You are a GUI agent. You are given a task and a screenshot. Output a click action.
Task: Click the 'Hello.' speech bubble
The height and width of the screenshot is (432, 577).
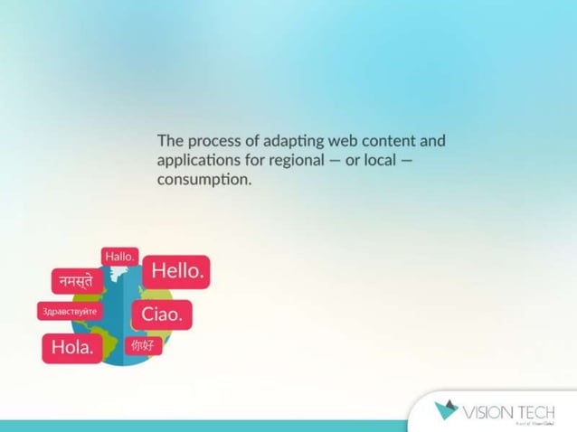(x=177, y=270)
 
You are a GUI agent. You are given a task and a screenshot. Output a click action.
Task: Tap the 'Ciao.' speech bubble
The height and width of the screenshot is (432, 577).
(x=162, y=315)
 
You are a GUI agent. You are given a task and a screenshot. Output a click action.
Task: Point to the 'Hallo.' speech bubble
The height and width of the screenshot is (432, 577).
(x=119, y=257)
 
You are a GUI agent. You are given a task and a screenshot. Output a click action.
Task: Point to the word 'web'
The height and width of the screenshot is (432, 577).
(x=345, y=141)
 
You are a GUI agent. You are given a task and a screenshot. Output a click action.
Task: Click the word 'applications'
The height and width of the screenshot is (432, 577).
(x=199, y=161)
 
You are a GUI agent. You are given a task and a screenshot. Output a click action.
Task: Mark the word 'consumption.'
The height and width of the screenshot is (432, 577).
(x=203, y=180)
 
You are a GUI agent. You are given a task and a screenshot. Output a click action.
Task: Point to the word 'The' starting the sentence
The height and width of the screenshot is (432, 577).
(x=170, y=141)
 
